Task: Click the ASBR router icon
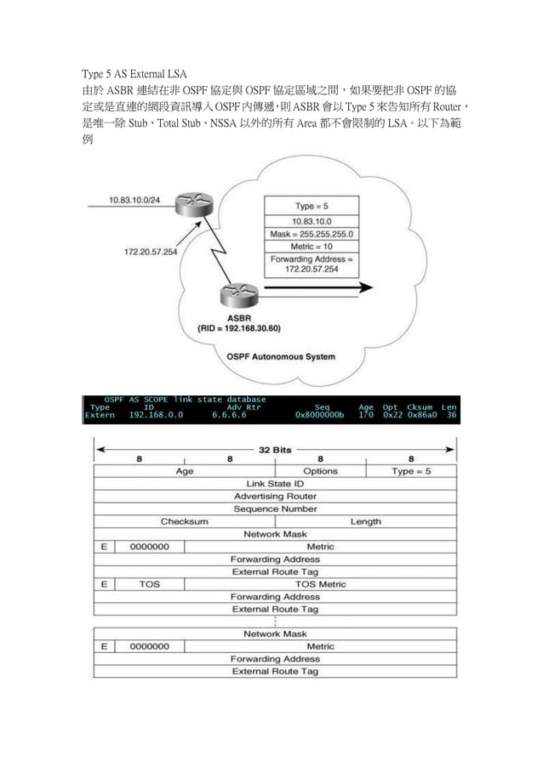coord(237,295)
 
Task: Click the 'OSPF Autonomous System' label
coord(281,355)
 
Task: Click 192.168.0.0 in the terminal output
coord(156,416)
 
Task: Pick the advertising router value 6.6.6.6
coord(229,416)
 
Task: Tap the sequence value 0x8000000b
coord(321,416)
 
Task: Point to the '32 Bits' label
coord(275,447)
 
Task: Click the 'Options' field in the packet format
coord(320,470)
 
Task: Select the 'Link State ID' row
coord(275,483)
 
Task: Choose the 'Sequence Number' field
coord(275,508)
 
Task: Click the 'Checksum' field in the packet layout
coord(184,521)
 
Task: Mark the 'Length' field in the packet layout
coord(365,521)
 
